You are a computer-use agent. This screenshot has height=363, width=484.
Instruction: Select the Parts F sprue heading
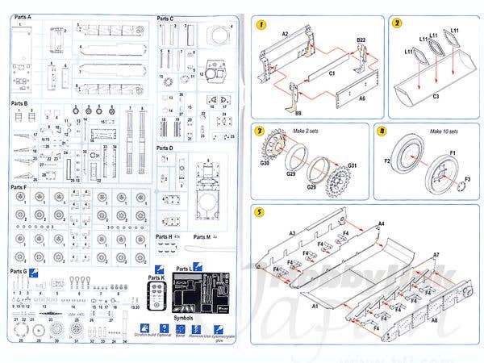click(x=19, y=187)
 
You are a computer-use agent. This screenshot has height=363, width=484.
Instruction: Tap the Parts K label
click(x=156, y=278)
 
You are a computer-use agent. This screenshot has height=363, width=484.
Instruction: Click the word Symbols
click(x=185, y=318)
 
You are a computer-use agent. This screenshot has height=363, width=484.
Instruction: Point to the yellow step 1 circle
click(x=261, y=24)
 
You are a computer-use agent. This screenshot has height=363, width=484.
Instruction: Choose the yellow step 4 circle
click(x=382, y=131)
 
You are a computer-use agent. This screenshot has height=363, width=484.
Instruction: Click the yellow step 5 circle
click(x=260, y=213)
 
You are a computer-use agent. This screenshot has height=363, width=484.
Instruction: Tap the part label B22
click(x=361, y=39)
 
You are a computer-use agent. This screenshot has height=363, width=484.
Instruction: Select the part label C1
click(x=332, y=73)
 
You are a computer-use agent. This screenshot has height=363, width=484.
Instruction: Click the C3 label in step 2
click(x=435, y=97)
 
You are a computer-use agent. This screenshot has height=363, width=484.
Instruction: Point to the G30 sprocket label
click(x=265, y=164)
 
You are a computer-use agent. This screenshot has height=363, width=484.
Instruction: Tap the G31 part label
click(x=352, y=166)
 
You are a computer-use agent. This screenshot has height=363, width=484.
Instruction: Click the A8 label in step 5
click(x=435, y=320)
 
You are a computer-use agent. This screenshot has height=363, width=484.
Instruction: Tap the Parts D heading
click(x=165, y=148)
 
